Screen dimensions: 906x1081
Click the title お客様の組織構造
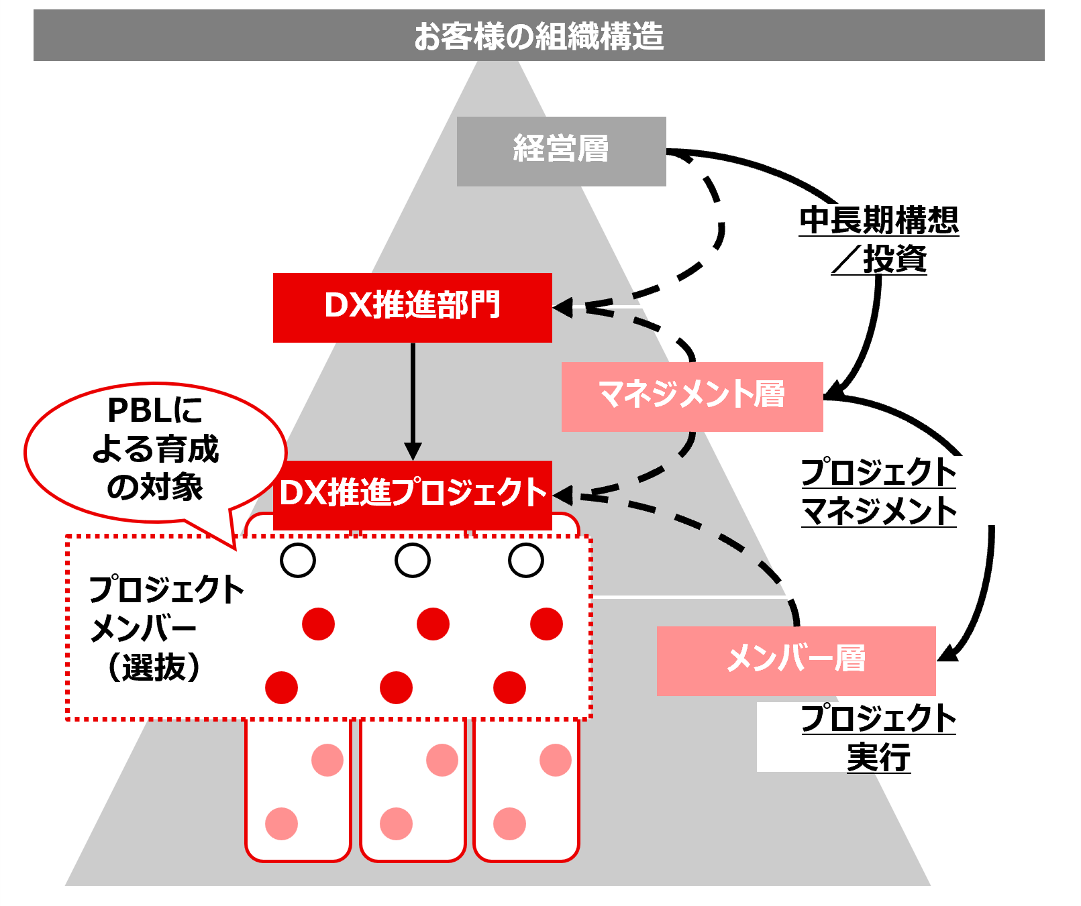coord(539,36)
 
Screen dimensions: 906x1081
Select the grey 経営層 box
coord(561,151)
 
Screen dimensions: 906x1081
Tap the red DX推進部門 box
coord(412,307)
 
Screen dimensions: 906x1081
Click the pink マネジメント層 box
coord(692,396)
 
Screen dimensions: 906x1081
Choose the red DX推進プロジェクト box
coord(412,493)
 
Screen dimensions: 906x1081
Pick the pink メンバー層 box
coord(796,660)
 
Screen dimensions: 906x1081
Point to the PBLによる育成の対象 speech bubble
coord(155,450)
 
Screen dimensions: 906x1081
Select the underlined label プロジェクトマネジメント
coord(879,492)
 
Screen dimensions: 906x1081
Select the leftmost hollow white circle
coord(298,560)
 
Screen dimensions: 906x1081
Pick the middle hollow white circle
coord(413,560)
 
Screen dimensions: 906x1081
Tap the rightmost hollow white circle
coord(526,560)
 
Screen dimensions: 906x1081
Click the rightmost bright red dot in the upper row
coord(546,624)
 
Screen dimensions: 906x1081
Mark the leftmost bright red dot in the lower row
coord(282,687)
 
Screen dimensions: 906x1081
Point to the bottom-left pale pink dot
coord(282,824)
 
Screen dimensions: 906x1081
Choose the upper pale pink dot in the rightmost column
coord(556,760)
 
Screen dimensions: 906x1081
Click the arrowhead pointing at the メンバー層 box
coord(948,653)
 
